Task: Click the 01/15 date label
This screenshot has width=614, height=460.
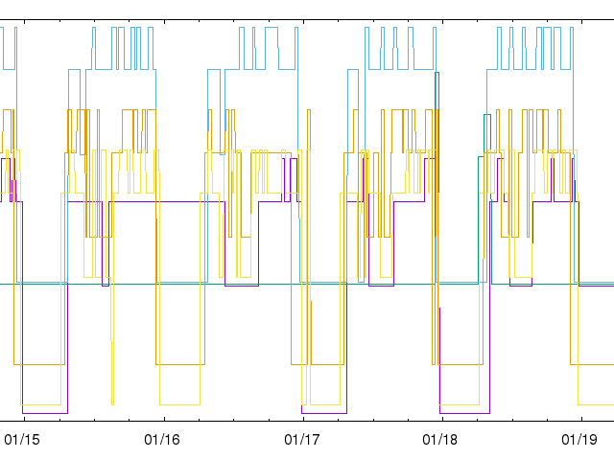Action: tap(23, 440)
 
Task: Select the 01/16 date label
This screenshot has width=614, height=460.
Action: tap(162, 440)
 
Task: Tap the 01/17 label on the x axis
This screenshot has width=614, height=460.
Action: tap(302, 440)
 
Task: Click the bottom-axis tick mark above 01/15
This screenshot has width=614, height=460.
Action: tap(23, 417)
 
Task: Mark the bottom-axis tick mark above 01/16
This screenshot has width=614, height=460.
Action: tap(162, 417)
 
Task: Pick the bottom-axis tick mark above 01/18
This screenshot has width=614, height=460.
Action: tap(441, 417)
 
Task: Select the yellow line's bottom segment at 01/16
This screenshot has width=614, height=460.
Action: tap(179, 403)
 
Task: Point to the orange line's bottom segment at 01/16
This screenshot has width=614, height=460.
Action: tap(180, 364)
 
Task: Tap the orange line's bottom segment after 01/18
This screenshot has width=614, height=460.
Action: tap(460, 364)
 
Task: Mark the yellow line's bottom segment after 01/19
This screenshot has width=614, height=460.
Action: tap(596, 403)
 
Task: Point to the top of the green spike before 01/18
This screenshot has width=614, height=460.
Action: tap(437, 73)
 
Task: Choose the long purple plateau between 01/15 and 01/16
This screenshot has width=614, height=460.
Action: tap(163, 201)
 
